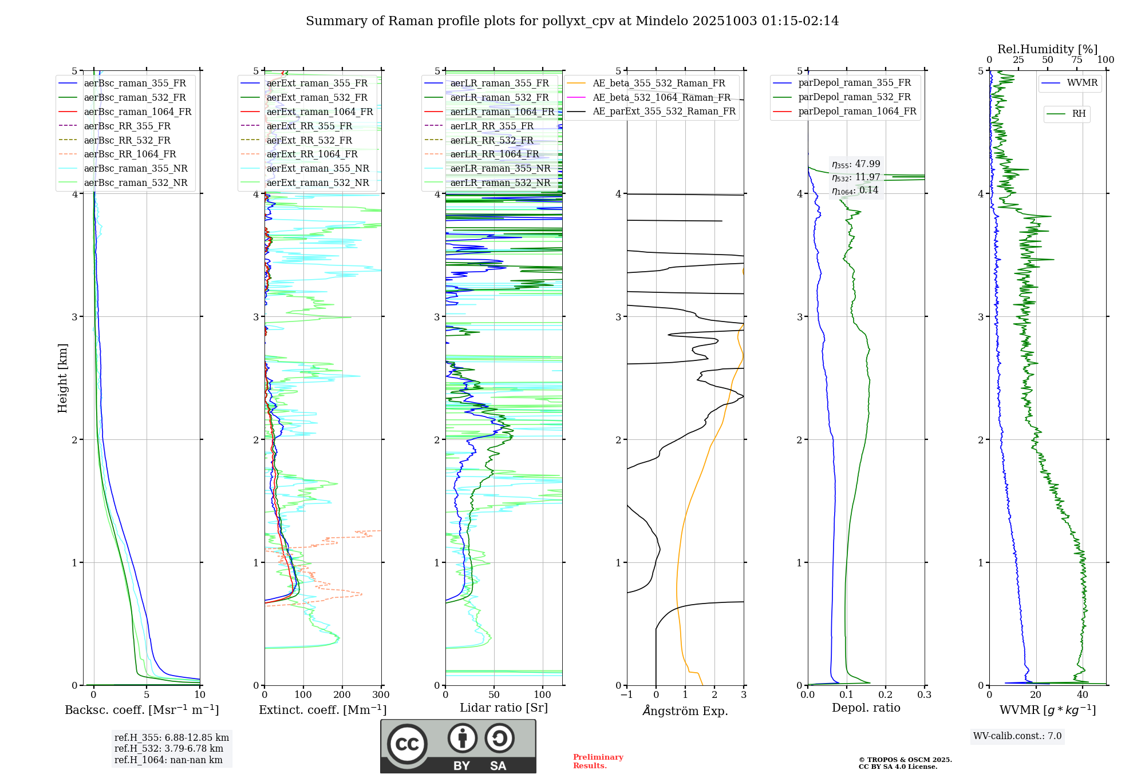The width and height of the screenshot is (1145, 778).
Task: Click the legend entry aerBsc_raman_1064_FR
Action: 137,112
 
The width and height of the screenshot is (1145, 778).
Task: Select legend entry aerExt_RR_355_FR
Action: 309,126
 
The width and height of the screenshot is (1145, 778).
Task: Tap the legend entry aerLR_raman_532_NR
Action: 500,182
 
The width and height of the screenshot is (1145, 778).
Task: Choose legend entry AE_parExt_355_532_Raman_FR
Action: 664,111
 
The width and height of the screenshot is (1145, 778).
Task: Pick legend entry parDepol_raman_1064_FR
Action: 857,111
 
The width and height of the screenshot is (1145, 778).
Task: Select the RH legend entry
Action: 1079,114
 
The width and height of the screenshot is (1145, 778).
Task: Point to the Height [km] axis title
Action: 62,378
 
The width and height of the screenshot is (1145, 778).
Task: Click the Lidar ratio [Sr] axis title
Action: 503,708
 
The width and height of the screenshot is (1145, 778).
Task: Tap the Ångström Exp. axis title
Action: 685,710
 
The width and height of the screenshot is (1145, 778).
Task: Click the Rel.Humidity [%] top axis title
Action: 1047,49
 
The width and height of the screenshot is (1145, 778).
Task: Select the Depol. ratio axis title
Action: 866,708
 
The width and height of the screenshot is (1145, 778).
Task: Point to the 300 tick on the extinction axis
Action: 381,695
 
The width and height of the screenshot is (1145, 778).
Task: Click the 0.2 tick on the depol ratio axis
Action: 885,695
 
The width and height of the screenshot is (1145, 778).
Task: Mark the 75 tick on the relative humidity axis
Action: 1076,60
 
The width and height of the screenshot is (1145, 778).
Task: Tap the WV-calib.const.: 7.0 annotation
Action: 1017,736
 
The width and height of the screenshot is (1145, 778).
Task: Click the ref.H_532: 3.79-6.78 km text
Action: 169,749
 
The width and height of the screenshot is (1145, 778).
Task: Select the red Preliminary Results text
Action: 598,761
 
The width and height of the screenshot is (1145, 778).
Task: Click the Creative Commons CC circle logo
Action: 407,744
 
